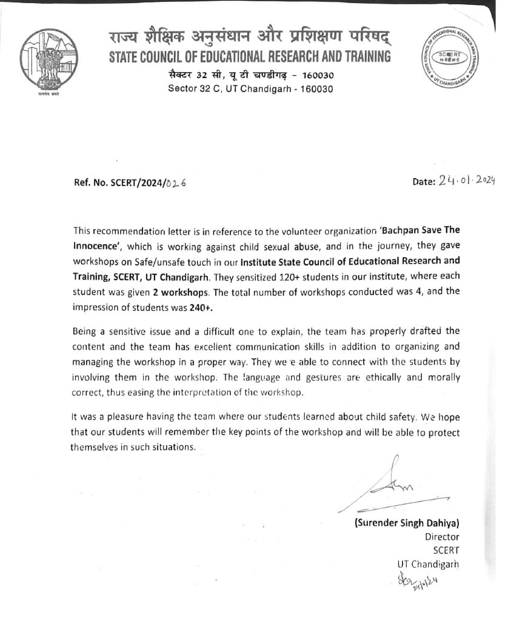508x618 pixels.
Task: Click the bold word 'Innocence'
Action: point(96,245)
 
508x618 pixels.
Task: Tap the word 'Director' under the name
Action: point(442,537)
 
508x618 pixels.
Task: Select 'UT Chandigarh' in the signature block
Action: point(428,564)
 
